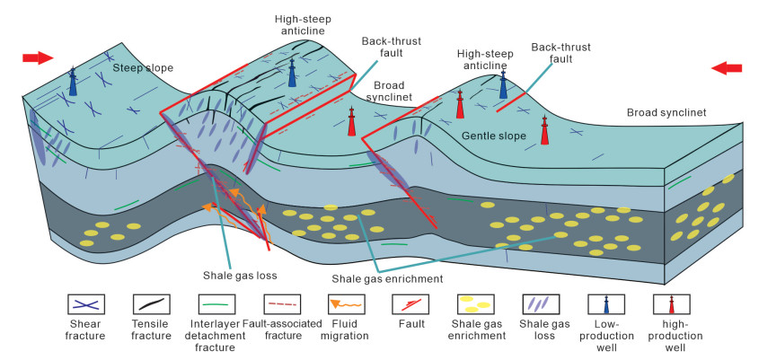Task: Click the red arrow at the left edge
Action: [x=38, y=58]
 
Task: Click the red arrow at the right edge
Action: [x=727, y=68]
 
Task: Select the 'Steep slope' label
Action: [x=143, y=68]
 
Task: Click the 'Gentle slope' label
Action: [x=494, y=136]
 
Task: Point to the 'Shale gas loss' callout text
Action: [x=240, y=276]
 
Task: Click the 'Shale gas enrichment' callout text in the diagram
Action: [x=387, y=278]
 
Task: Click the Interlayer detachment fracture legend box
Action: [x=217, y=304]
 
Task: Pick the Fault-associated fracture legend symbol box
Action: [x=282, y=304]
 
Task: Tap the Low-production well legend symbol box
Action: [x=606, y=304]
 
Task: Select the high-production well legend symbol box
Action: [x=671, y=304]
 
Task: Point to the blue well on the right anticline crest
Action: [x=503, y=85]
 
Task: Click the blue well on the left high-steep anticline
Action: [x=292, y=73]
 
